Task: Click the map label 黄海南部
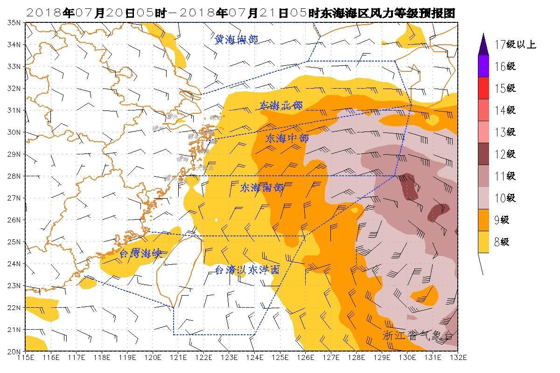point(237,39)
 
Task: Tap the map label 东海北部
point(281,106)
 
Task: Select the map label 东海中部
point(287,138)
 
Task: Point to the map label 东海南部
point(262,188)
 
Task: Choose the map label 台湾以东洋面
point(247,269)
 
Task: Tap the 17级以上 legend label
point(515,45)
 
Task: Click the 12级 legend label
point(504,154)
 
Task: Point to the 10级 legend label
point(504,198)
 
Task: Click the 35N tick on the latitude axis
point(14,22)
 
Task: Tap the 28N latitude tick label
point(14,176)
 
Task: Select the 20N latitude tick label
point(14,351)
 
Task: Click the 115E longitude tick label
point(25,358)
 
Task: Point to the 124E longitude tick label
point(254,358)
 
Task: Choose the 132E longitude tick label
point(457,358)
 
